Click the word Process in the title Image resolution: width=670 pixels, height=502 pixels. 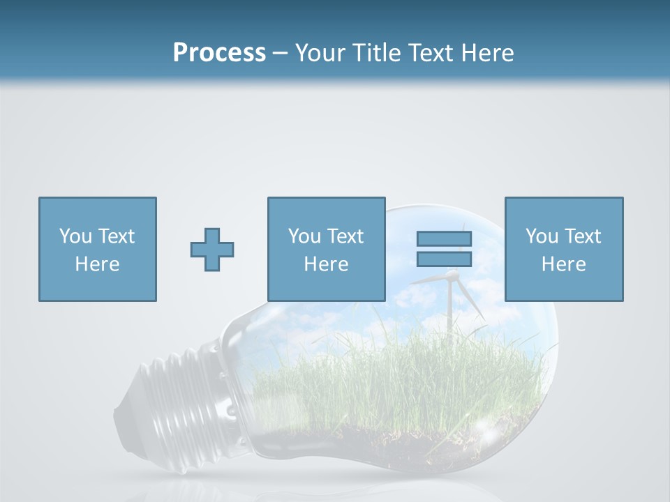pos(219,53)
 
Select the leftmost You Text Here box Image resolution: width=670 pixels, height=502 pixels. pos(97,249)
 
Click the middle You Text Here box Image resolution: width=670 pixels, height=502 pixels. pos(326,249)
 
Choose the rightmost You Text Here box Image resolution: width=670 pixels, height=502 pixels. pos(563,249)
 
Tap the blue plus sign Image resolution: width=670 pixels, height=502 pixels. pos(212,250)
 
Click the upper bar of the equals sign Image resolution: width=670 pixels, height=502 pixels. pos(444,238)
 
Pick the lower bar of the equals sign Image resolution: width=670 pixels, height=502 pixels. pos(444,259)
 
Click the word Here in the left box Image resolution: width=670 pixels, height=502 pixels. pos(97,264)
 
